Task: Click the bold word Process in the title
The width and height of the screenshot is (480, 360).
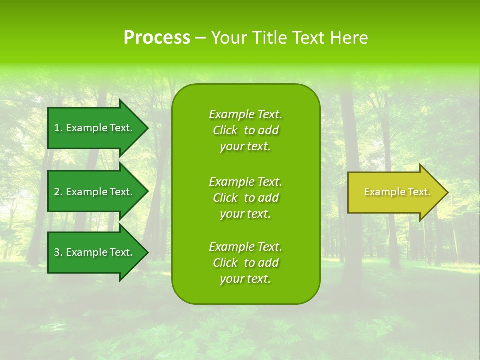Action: (x=157, y=38)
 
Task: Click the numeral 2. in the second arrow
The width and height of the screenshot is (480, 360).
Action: (x=58, y=192)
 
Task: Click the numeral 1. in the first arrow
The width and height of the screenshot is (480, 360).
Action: (x=58, y=128)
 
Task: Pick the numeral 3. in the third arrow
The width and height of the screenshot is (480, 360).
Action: (x=58, y=252)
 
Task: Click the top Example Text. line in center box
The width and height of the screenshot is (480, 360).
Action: (x=245, y=114)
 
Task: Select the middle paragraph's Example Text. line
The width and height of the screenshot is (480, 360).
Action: (x=245, y=182)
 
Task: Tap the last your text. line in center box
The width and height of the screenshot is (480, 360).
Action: (x=245, y=279)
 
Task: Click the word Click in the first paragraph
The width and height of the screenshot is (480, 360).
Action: (x=225, y=130)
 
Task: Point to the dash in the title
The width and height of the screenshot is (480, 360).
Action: (x=200, y=38)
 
